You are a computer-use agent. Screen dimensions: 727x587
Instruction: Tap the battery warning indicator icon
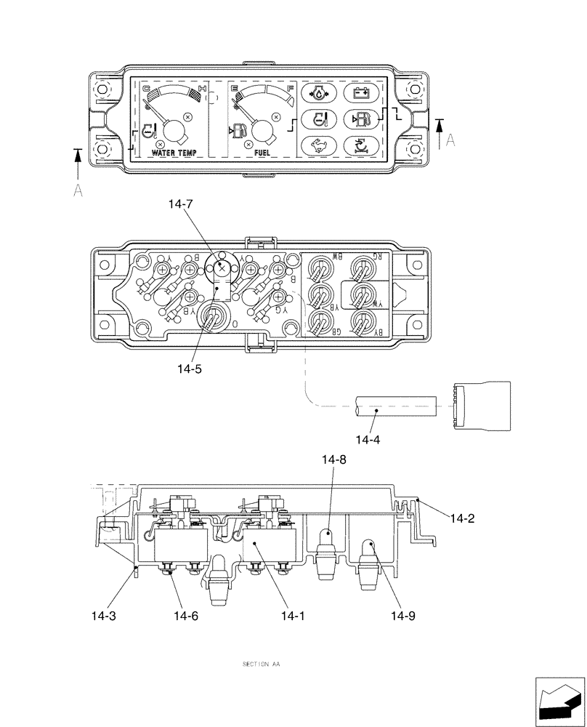point(360,93)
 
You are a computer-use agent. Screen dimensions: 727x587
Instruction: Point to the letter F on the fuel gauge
point(291,88)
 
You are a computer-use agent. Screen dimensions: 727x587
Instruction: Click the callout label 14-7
point(181,206)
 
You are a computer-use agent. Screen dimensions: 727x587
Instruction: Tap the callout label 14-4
point(368,439)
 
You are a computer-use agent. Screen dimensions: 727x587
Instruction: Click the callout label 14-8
point(333,459)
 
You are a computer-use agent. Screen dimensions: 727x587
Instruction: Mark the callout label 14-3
point(103,616)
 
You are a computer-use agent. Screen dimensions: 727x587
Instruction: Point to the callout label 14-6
point(185,616)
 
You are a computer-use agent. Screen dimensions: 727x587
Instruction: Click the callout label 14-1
point(292,616)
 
